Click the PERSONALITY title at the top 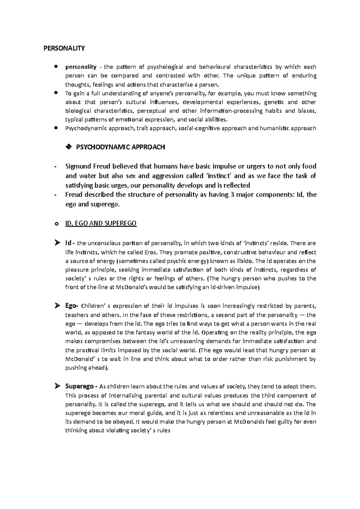click(x=64, y=48)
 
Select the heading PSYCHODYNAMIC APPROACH click(x=121, y=147)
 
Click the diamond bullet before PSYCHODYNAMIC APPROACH click(x=68, y=147)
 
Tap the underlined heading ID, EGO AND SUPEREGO click(x=101, y=224)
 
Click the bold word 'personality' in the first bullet click(x=81, y=67)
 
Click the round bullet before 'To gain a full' click(x=56, y=93)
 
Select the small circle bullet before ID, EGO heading click(x=56, y=224)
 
